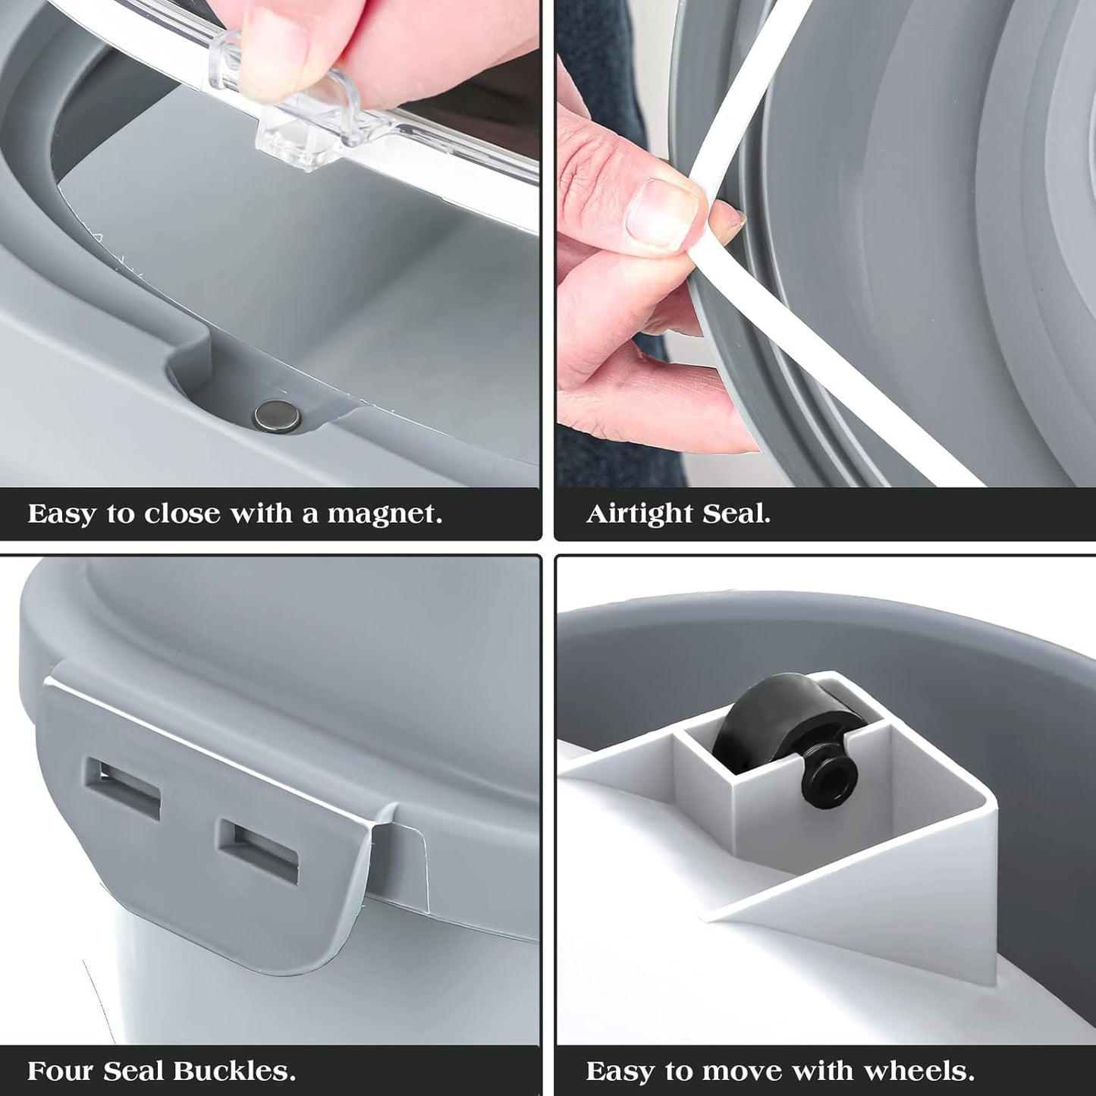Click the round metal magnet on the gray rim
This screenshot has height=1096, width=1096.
point(277,415)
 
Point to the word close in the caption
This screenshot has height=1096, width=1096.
point(181,513)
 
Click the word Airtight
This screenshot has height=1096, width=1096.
point(639,515)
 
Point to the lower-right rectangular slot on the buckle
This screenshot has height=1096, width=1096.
point(259,851)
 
